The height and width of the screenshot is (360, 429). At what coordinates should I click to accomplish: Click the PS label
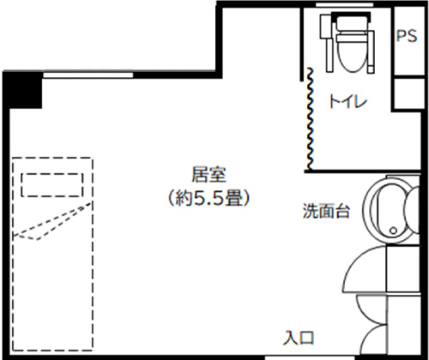pos(407,36)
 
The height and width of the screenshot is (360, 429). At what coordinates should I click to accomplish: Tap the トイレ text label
pos(348,101)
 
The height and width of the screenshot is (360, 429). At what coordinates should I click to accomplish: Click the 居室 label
pos(208,175)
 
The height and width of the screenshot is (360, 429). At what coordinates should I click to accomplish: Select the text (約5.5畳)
pos(208,198)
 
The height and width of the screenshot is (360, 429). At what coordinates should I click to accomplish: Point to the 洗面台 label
pos(326,211)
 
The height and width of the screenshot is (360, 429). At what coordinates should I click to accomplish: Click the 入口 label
pos(299,338)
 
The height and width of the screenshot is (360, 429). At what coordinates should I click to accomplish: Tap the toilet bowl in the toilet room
pos(352,53)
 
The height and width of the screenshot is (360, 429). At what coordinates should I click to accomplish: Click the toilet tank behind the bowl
pos(352,23)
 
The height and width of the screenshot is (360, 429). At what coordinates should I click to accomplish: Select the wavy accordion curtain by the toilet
pos(310,118)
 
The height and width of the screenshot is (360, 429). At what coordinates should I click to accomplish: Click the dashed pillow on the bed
pos(52,185)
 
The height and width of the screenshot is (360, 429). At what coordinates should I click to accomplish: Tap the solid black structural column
pos(23,90)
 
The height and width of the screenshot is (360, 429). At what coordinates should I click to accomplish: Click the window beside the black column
pos(88,75)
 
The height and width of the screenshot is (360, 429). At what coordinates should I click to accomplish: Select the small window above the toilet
pos(344,5)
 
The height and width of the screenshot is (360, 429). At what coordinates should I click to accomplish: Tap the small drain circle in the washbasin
pos(393,231)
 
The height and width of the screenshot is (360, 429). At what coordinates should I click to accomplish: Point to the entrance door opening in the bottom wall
pos(310,357)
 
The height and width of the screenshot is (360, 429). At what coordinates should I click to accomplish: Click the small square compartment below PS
pos(408,93)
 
